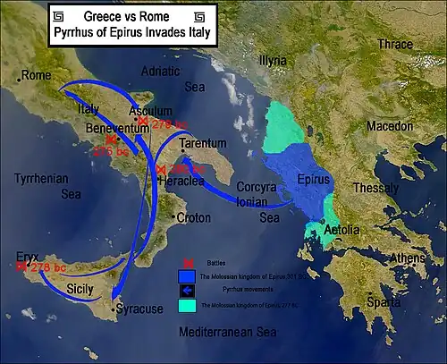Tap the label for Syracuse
point(139,309)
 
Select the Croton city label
point(193,217)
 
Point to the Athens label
point(406,258)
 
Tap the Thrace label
point(395,44)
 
